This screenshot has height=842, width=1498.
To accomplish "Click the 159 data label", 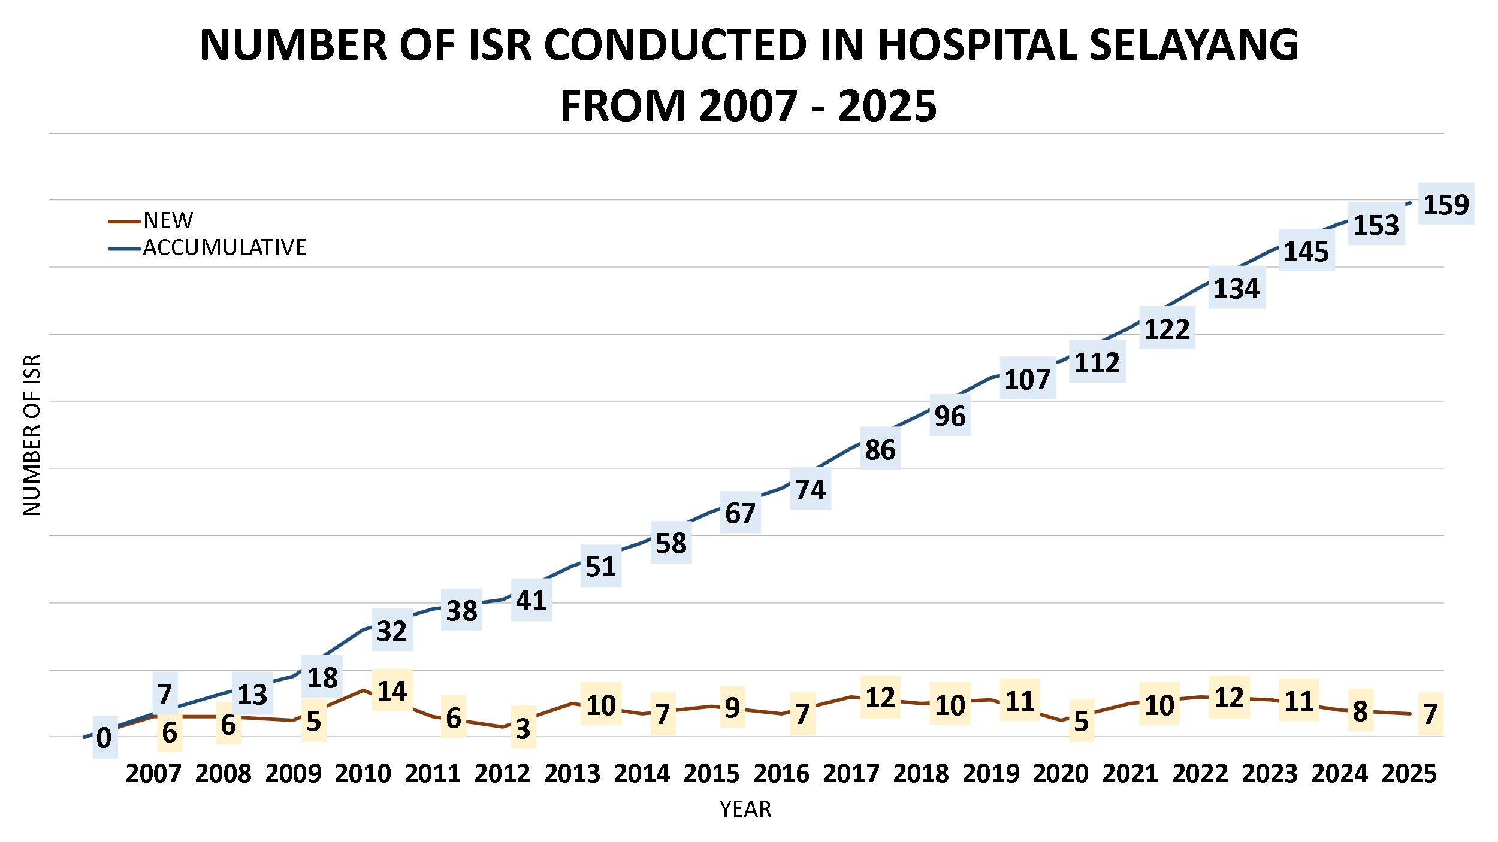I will pos(1446,205).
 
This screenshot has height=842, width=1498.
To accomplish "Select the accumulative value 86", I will pos(880,450).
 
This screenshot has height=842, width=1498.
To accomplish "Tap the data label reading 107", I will pos(1027,380).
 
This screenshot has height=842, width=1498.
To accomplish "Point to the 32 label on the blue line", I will pos(392,631).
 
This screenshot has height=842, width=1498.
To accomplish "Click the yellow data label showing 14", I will pos(392,691).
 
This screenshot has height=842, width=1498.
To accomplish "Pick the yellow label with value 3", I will pos(523,729).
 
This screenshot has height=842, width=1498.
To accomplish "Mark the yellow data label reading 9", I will pos(732,708).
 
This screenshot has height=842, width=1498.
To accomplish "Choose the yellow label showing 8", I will pos(1360,711).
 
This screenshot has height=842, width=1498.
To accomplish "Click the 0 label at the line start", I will pos(104,738).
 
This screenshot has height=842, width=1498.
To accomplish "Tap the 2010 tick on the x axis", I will pos(363,774).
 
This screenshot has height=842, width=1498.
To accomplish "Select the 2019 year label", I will pos(990,774).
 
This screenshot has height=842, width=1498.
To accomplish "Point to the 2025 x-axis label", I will pos(1409,774).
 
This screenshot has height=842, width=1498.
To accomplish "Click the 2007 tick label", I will pos(153,774).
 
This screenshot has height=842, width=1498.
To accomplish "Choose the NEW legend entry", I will pos(168,221).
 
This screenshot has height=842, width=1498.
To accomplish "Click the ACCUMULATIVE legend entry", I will pos(224,247).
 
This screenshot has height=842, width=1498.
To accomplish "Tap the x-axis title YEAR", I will pos(745,810).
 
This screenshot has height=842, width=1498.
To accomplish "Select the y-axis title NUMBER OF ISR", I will pos(32,435).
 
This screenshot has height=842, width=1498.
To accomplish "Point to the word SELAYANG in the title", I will pos(1193,46).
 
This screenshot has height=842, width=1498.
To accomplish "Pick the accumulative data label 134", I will pos(1236,289).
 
